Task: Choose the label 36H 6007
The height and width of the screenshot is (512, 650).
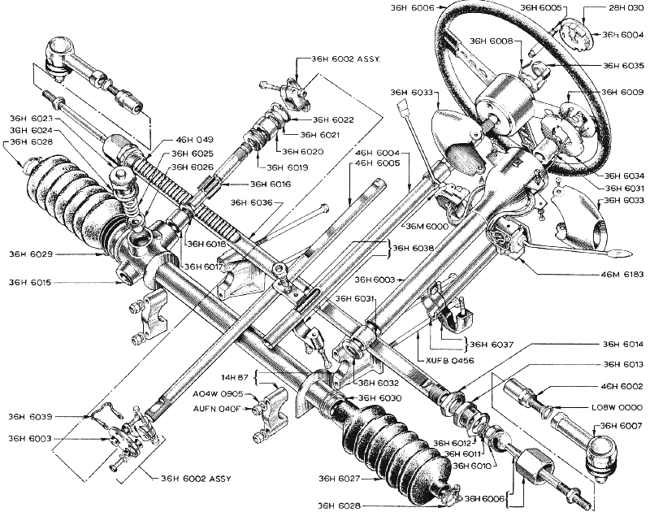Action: (621, 426)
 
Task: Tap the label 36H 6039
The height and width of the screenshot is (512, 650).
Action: (31, 417)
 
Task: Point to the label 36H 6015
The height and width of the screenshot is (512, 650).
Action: (30, 283)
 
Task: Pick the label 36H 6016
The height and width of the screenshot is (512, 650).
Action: (271, 184)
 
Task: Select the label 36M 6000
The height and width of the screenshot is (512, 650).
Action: (427, 227)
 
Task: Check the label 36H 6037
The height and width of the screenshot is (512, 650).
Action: (492, 344)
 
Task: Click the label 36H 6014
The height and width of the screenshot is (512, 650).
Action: (622, 344)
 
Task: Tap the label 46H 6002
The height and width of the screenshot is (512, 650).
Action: (622, 386)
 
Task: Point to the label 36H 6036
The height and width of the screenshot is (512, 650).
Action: (252, 202)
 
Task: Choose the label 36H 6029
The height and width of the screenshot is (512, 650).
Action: (31, 254)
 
